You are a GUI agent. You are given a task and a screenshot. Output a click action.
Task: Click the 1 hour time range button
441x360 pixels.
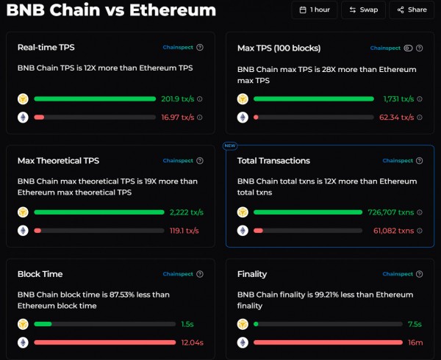tap(315, 10)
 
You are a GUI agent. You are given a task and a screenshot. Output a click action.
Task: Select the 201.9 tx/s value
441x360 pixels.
tap(177, 98)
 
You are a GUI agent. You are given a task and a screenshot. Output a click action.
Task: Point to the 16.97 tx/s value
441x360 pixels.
tap(177, 117)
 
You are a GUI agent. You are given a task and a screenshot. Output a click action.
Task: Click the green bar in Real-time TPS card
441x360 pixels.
tap(95, 98)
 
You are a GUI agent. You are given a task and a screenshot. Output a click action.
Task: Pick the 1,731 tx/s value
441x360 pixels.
tap(398, 98)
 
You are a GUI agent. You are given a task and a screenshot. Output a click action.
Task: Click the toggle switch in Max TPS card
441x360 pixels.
tap(408, 48)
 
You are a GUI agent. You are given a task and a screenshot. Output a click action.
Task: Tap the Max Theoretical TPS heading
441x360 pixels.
tap(58, 160)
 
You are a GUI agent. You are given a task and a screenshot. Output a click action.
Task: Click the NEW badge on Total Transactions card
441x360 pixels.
tap(229, 145)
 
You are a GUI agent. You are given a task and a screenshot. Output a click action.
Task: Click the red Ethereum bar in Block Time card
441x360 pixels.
tap(99, 342)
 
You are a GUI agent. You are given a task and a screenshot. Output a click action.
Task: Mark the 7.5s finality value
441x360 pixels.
tap(415, 324)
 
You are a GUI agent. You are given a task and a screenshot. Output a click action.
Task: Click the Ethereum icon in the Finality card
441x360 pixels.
tap(243, 342)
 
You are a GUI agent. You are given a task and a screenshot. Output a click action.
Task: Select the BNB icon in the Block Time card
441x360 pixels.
tap(23, 324)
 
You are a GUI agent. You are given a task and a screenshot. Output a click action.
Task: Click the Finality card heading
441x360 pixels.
tap(252, 274)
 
